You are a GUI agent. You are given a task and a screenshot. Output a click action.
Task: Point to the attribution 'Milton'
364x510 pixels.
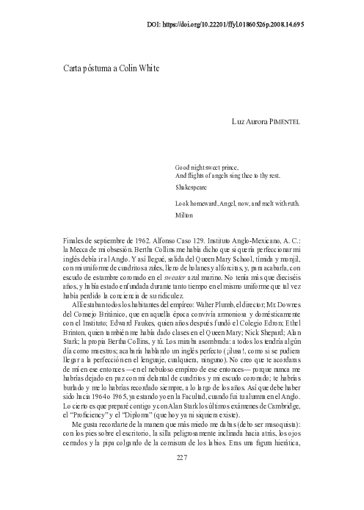point(183,215)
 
